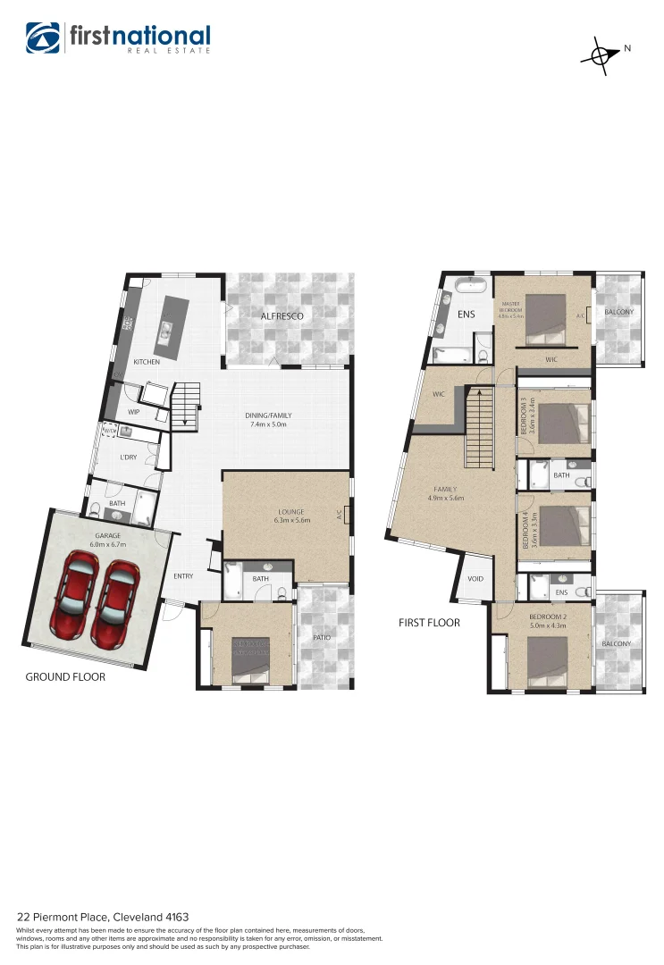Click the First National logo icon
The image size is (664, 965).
(x=42, y=38)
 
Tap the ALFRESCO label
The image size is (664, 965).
(x=282, y=316)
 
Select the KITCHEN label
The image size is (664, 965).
(x=147, y=362)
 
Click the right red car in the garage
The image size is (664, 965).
(x=117, y=592)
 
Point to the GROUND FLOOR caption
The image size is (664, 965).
(x=65, y=677)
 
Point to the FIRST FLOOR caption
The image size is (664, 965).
(x=429, y=623)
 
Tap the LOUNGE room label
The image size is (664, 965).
(x=291, y=512)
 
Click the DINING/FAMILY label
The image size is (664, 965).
(x=269, y=415)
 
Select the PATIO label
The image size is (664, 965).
(x=323, y=638)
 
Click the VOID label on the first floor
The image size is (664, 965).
(x=475, y=579)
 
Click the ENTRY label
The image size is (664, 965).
(x=183, y=576)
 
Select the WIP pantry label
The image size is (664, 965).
(x=134, y=412)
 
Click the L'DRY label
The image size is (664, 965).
(x=129, y=457)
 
